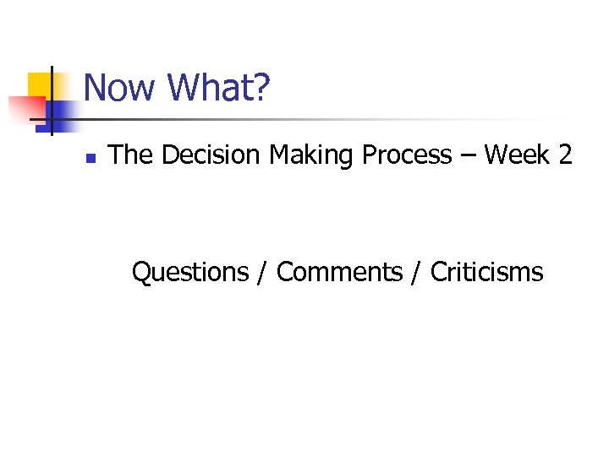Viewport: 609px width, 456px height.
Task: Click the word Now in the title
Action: pos(121,88)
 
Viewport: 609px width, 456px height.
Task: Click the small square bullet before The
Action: pos(91,157)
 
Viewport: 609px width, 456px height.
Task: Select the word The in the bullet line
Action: pos(132,155)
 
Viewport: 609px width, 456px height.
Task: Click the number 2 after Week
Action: pos(565,155)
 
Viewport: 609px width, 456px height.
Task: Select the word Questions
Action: pos(190,273)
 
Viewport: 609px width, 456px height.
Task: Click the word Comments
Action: pos(339,273)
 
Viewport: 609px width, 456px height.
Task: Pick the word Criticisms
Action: pos(486,273)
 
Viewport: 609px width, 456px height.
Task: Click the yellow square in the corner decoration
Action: pos(39,85)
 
